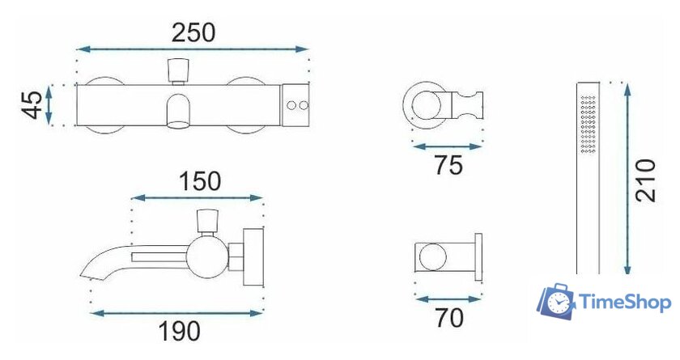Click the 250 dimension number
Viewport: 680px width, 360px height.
[x=193, y=33]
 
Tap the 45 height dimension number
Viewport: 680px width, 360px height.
[x=32, y=105]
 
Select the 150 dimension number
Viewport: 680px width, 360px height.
[x=199, y=181]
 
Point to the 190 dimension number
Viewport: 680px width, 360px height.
[x=179, y=332]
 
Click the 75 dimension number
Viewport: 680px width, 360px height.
[x=448, y=165]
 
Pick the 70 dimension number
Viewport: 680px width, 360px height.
[x=449, y=318]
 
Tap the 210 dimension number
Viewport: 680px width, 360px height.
[x=646, y=180]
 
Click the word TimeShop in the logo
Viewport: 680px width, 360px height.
[x=625, y=302]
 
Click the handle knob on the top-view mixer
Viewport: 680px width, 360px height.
[x=178, y=70]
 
